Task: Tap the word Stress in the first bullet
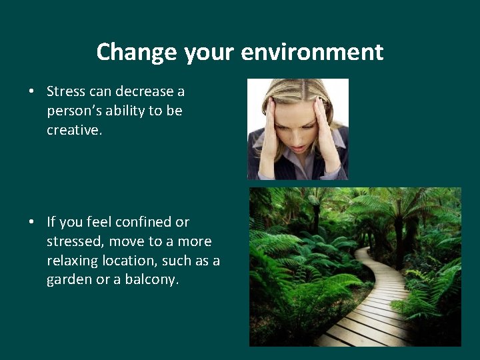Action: tap(67, 91)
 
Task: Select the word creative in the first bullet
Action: tap(73, 130)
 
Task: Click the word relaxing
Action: tap(73, 261)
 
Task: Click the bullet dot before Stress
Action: tap(33, 91)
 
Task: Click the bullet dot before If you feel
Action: tap(33, 222)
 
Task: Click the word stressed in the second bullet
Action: tap(73, 241)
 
